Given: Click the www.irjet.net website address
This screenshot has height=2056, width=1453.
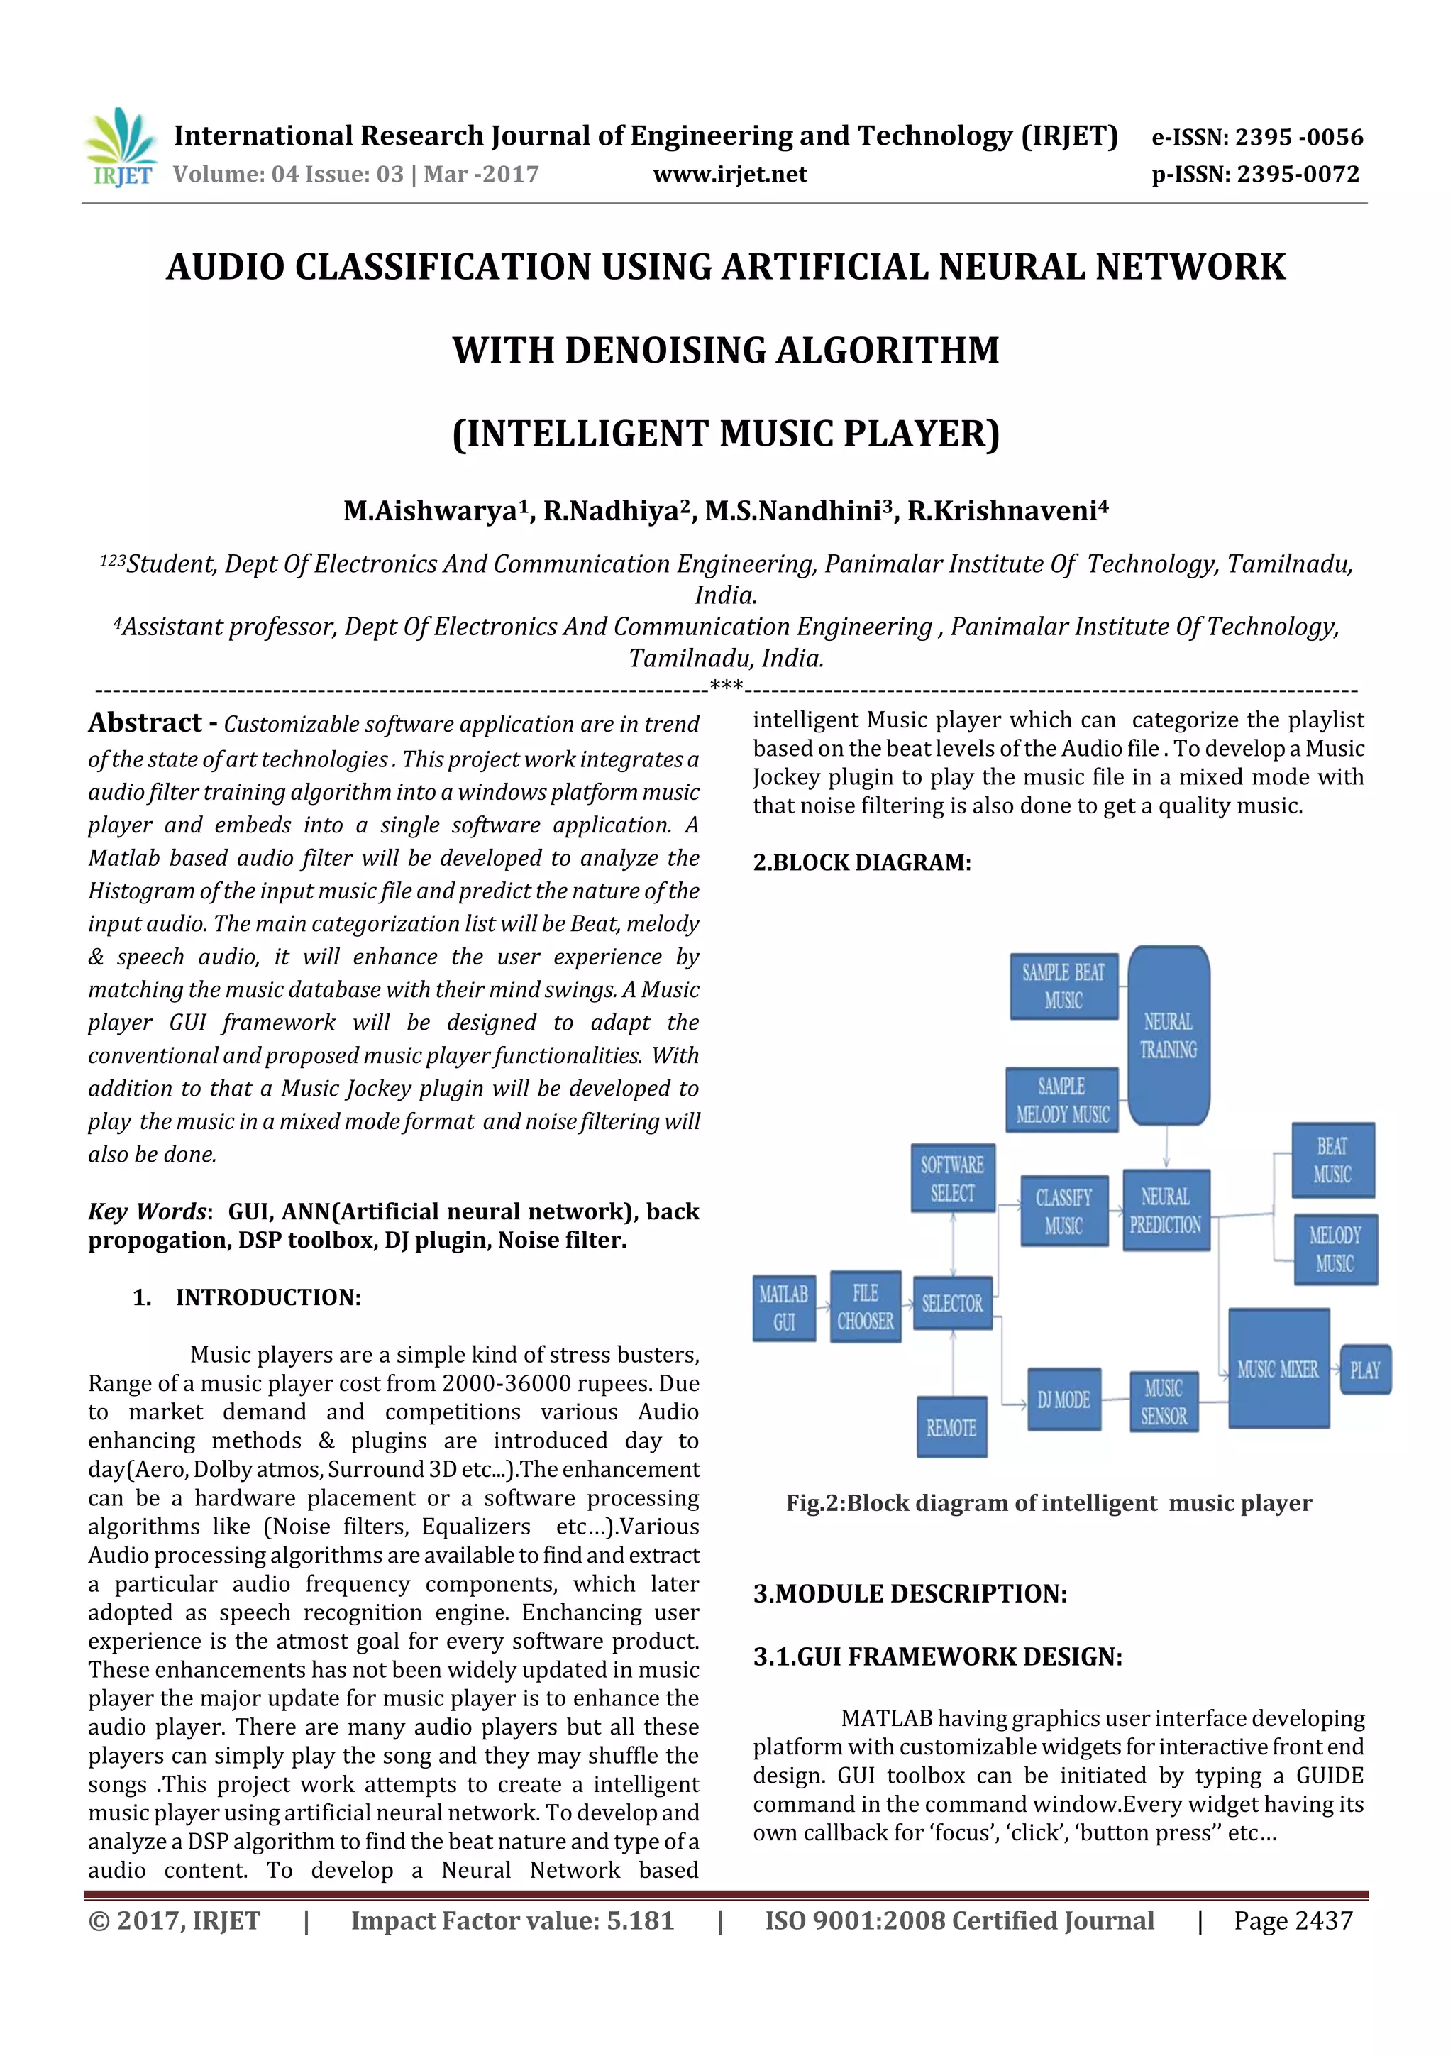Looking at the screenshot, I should tap(729, 175).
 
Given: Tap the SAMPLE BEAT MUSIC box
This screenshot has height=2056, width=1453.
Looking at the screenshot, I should tap(1063, 986).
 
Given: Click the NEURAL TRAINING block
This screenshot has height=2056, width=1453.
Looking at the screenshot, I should tap(1169, 1035).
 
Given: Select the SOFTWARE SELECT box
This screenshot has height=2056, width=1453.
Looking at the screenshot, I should tap(953, 1178).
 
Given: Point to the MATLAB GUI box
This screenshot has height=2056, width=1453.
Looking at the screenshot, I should tap(783, 1307).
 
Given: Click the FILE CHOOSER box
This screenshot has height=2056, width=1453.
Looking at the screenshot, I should tap(865, 1307).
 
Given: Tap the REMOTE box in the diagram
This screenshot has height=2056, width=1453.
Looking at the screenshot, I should tap(951, 1427).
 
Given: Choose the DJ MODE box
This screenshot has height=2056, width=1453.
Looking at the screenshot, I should tap(1063, 1400).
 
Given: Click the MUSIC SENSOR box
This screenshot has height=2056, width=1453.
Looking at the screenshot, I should tap(1163, 1402).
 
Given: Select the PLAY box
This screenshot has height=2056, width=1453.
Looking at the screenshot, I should tap(1364, 1370).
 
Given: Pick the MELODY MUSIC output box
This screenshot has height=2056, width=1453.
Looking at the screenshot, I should tap(1334, 1249).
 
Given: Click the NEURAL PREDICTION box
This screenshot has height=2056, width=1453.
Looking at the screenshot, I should tap(1165, 1210).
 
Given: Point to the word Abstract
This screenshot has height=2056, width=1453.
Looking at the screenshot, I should tap(145, 722).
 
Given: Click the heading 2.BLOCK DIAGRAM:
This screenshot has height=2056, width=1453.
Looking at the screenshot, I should tap(861, 862).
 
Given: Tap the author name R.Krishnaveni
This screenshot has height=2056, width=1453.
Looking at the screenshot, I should tap(1007, 510).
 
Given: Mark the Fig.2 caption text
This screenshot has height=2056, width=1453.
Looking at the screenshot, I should tap(1049, 1502).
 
